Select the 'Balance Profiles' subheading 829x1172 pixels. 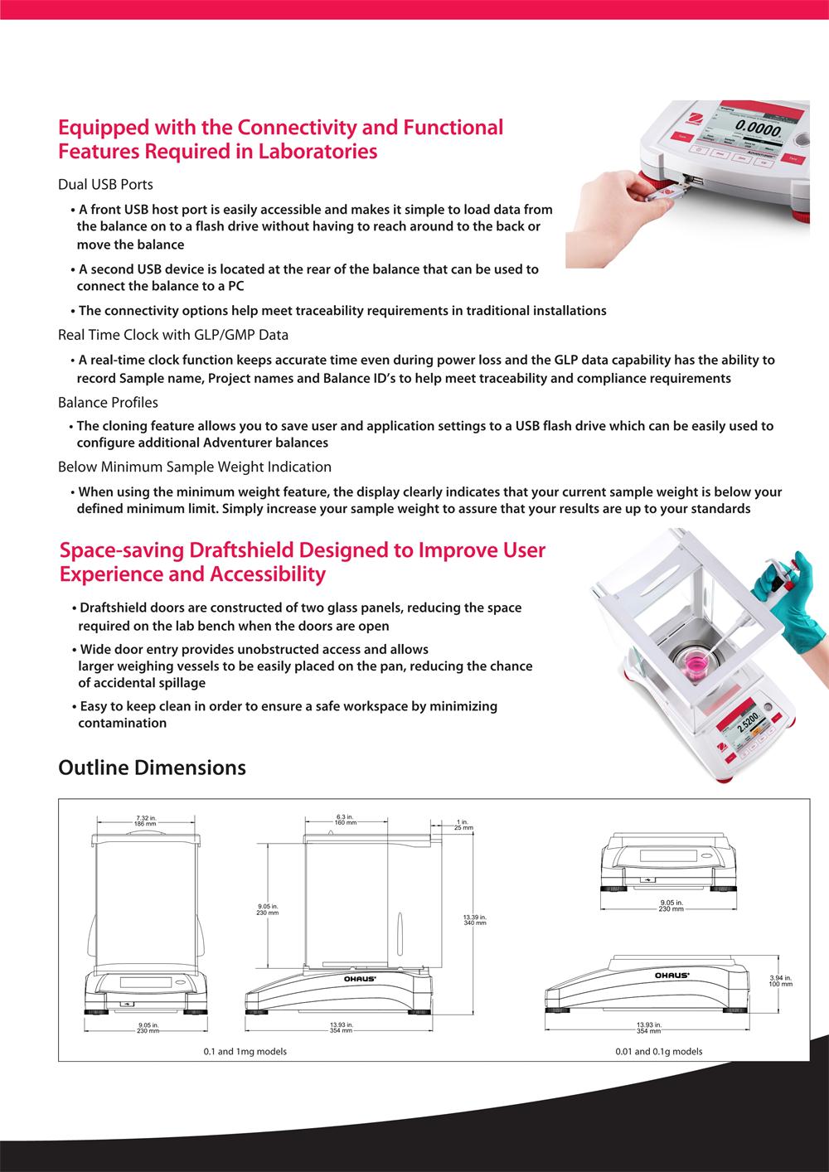(x=108, y=402)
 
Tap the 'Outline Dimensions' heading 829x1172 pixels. (x=152, y=768)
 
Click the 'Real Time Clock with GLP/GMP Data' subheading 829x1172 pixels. (x=173, y=335)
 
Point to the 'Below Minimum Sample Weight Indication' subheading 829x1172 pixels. (x=195, y=467)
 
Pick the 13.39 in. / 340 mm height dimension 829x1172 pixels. (x=474, y=919)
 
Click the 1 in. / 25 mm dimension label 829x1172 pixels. (x=463, y=824)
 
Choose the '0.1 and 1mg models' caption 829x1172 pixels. (x=245, y=1051)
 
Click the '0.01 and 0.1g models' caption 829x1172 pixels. (x=659, y=1051)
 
